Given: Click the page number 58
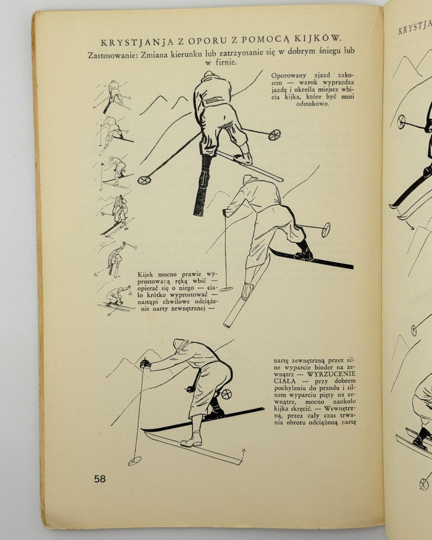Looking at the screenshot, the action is click(x=100, y=479).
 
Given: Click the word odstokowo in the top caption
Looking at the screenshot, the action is click(x=312, y=104).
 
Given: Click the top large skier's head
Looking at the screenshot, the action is click(x=210, y=75).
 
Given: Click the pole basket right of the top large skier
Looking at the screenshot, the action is click(x=274, y=135).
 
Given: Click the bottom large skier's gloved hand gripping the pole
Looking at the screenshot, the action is click(x=146, y=364).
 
